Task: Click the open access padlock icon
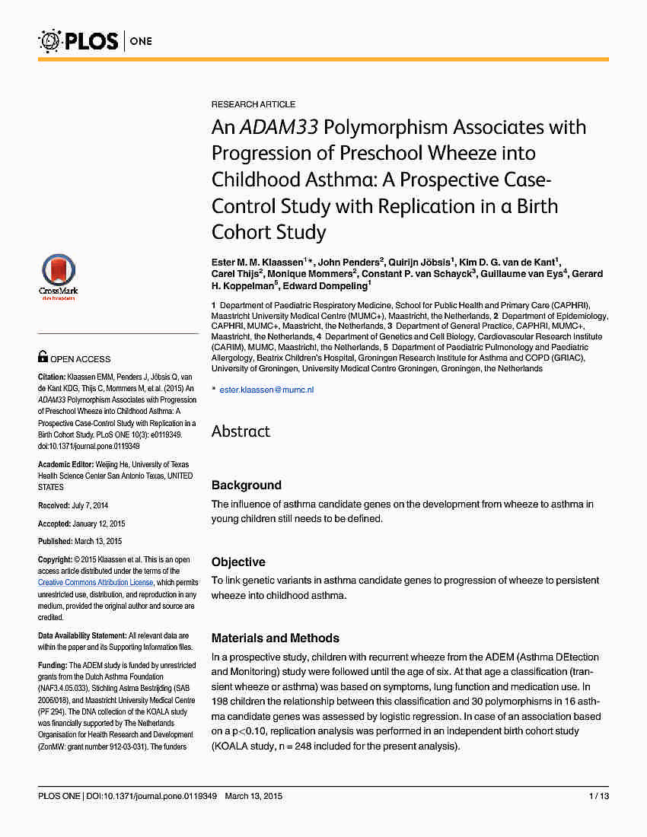click(x=43, y=355)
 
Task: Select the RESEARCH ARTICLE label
click(x=253, y=104)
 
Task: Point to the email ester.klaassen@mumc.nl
click(x=266, y=390)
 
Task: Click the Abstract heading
click(x=241, y=431)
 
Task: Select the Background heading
click(x=246, y=485)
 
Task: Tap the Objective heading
click(x=238, y=562)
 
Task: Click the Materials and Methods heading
click(x=276, y=638)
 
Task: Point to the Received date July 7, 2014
click(x=90, y=505)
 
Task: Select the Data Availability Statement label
click(x=82, y=635)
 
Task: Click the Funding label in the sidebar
click(x=53, y=665)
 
